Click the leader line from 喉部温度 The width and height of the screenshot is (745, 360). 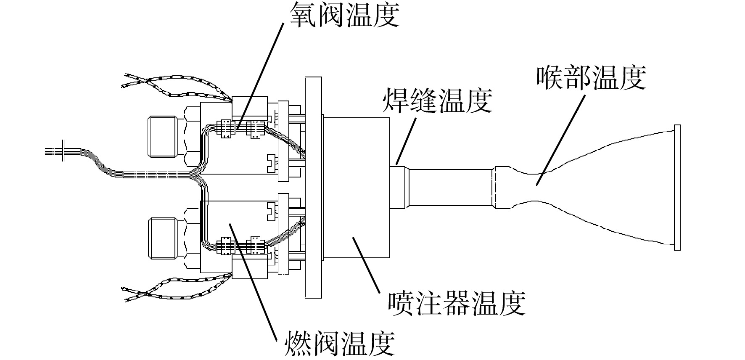pyautogui.click(x=560, y=140)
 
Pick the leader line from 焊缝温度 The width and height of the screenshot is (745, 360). pyautogui.click(x=407, y=141)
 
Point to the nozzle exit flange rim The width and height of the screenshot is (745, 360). pyautogui.click(x=677, y=188)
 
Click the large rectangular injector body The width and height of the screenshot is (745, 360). pyautogui.click(x=357, y=188)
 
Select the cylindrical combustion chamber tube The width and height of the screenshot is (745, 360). pyautogui.click(x=451, y=187)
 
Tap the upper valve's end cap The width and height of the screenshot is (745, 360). pyautogui.click(x=163, y=137)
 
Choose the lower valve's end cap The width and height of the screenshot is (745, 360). pyautogui.click(x=163, y=238)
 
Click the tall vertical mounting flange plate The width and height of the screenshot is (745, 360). pyautogui.click(x=312, y=188)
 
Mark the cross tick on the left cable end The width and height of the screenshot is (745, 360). pyautogui.click(x=63, y=150)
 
